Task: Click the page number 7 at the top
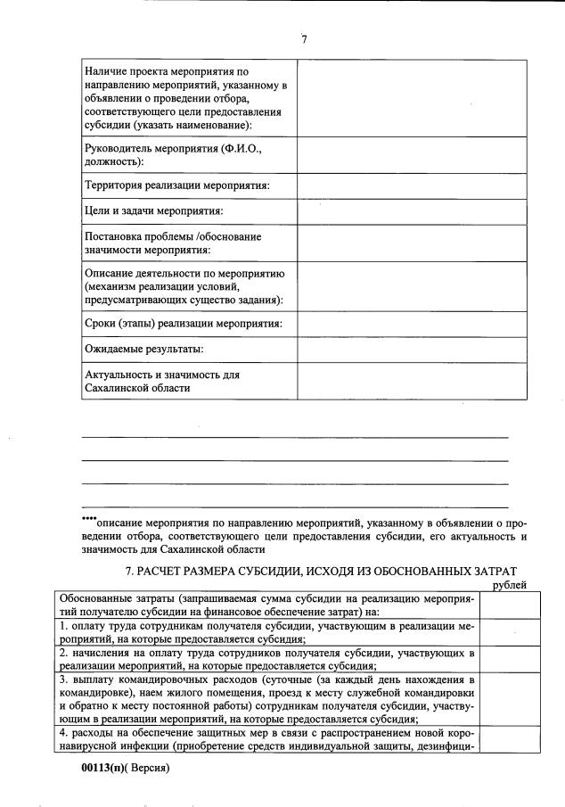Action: pyautogui.click(x=304, y=39)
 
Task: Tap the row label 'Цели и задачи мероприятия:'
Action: pyautogui.click(x=152, y=211)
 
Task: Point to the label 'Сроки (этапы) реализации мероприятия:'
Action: pyautogui.click(x=183, y=322)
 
